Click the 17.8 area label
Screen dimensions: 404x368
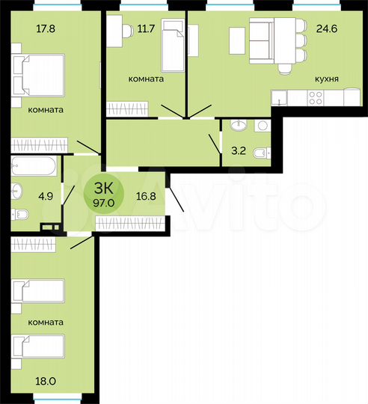(x=25, y=31)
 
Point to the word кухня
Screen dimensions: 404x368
(x=327, y=78)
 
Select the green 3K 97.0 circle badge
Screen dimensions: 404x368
(x=99, y=193)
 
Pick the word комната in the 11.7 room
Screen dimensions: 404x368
(x=146, y=78)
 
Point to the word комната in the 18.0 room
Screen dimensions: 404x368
(x=46, y=322)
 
